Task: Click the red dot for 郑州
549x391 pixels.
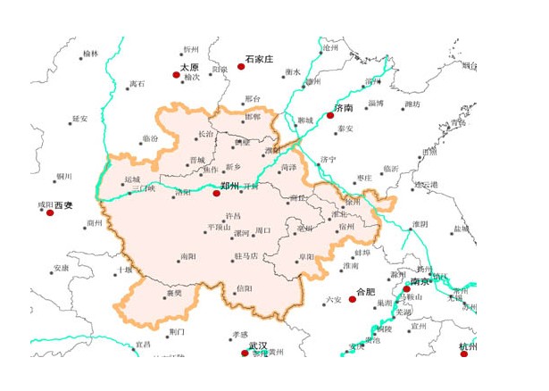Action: point(216,192)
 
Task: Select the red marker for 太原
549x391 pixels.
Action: point(176,75)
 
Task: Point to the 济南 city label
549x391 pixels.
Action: point(344,107)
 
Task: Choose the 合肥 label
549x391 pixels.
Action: point(366,292)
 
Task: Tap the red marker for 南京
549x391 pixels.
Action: point(407,289)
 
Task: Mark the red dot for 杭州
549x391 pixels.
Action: point(463,354)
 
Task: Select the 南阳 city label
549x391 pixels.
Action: point(187,256)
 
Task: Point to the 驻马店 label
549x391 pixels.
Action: point(245,256)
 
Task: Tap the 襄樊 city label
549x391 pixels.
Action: point(173,293)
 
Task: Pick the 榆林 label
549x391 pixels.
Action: point(91,54)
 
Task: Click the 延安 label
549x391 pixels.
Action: point(80,119)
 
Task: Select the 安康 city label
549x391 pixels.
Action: point(61,268)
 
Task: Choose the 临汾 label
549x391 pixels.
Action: point(149,138)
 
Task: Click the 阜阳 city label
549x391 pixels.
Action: point(306,256)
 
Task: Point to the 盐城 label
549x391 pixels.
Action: point(461,229)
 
